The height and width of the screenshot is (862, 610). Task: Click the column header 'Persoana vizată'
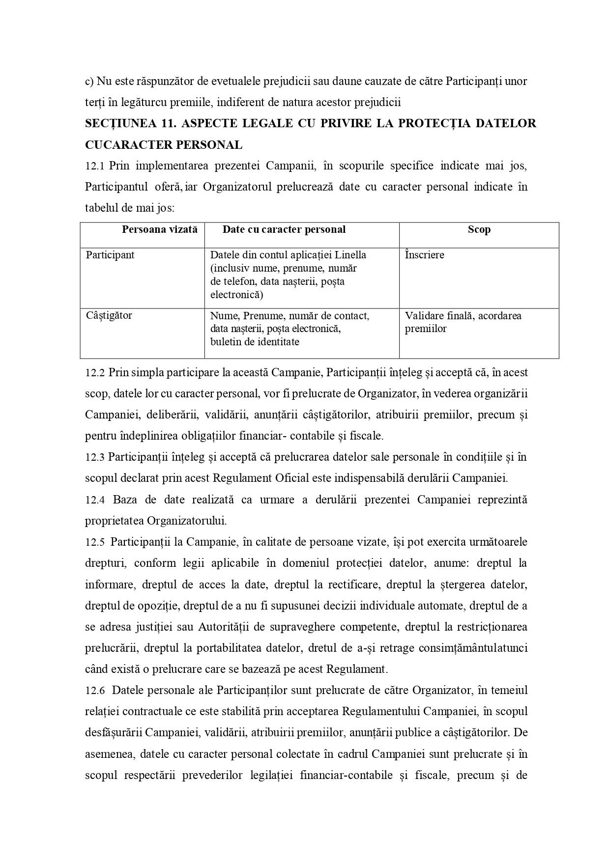(159, 229)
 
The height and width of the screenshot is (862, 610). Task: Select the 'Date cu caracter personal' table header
(284, 229)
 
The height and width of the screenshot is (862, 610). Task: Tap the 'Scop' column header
(479, 229)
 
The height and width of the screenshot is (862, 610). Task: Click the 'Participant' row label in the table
(110, 255)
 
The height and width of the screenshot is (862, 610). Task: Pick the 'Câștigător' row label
(109, 315)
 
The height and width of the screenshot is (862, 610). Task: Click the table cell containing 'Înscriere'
(425, 255)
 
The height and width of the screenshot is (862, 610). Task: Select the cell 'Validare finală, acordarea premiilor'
(463, 322)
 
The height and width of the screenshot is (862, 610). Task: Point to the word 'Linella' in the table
(350, 255)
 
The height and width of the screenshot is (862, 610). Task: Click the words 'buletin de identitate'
(255, 342)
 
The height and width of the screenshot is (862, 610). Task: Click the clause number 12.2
(95, 373)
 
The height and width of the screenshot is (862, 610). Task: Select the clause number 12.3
(95, 457)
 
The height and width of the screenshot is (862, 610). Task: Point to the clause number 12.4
(95, 500)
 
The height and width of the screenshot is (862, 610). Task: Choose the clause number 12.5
(95, 542)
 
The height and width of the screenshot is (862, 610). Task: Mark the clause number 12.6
(95, 691)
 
